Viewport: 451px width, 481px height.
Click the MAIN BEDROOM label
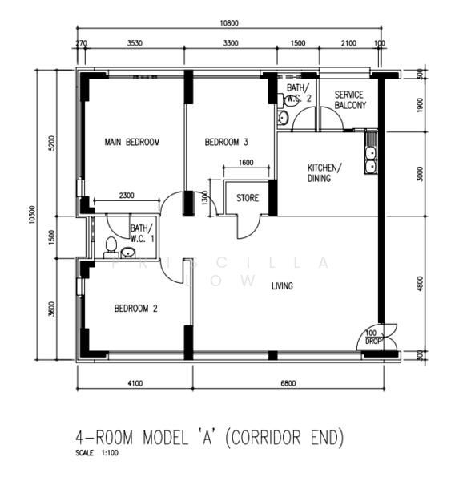[x=132, y=143]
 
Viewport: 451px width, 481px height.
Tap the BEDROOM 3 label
[x=226, y=143]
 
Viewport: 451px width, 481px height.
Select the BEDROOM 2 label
[x=136, y=309]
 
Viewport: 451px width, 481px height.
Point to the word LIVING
[x=282, y=286]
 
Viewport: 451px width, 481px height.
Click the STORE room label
[x=248, y=198]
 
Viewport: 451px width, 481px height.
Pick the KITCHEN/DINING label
[x=324, y=173]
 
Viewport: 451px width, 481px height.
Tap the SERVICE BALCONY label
[x=350, y=100]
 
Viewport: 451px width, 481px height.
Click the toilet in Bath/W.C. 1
[x=111, y=248]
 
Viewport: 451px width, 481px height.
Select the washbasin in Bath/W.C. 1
[x=128, y=253]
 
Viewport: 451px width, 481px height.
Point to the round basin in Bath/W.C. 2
[x=283, y=118]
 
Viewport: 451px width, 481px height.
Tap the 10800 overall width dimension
[x=229, y=23]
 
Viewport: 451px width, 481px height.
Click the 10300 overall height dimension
[x=32, y=215]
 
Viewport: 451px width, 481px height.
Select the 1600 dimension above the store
[x=246, y=162]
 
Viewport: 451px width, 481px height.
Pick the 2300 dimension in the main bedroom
[x=127, y=196]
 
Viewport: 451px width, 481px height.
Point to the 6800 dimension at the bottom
[x=288, y=383]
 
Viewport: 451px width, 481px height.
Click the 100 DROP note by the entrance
[x=372, y=338]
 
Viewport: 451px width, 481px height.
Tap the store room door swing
[x=249, y=228]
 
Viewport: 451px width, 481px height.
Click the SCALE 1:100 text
[x=97, y=453]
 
